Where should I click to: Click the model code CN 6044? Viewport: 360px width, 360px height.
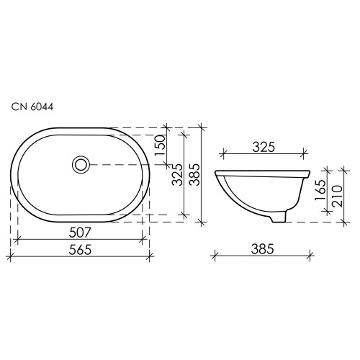[x=32, y=107]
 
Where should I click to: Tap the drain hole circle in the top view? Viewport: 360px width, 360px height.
[x=81, y=165]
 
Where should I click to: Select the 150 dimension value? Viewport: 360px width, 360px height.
[x=160, y=145]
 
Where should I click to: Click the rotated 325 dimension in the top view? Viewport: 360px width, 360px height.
[x=177, y=175]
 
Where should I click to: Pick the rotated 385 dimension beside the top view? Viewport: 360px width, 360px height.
[x=194, y=175]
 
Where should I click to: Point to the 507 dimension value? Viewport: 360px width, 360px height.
[x=80, y=233]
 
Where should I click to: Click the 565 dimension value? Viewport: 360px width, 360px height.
[x=80, y=250]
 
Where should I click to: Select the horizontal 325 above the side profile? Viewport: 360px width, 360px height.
[x=264, y=147]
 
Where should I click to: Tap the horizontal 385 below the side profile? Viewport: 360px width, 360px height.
[x=262, y=249]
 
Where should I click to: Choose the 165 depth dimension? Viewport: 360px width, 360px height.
[x=320, y=190]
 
